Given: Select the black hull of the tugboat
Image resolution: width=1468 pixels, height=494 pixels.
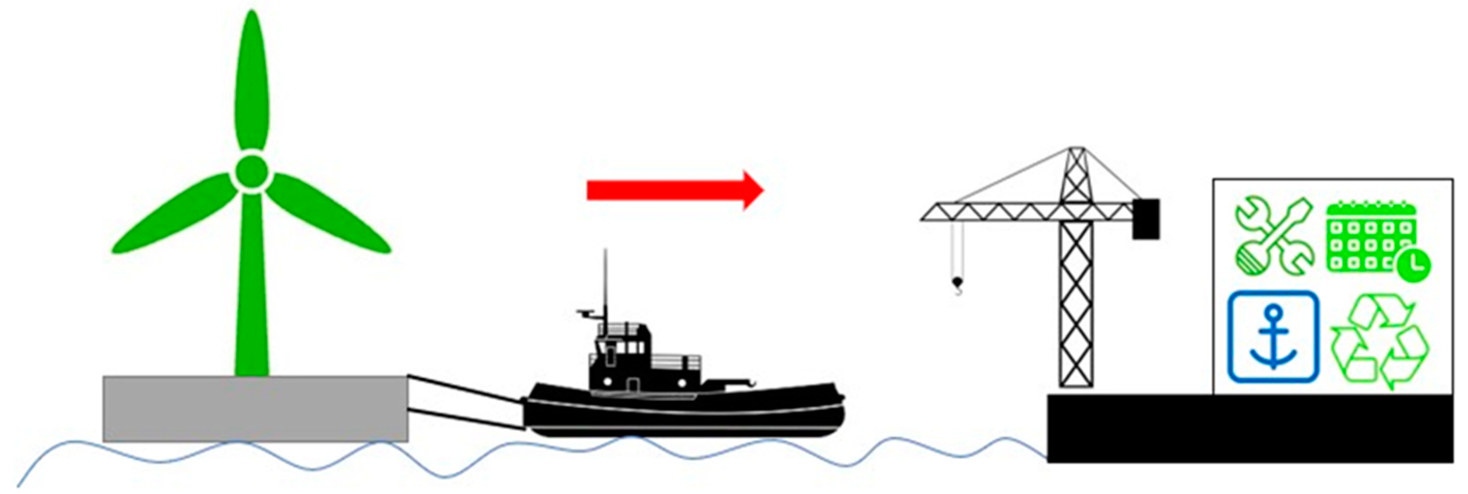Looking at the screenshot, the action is click(684, 416).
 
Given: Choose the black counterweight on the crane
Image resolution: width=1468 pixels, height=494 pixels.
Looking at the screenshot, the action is click(1146, 219).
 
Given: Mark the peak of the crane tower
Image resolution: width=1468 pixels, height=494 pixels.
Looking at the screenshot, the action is click(1076, 149).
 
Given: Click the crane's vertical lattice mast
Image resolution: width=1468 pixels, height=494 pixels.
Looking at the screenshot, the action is click(1076, 302).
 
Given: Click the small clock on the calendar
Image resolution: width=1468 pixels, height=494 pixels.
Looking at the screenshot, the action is click(1413, 264).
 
